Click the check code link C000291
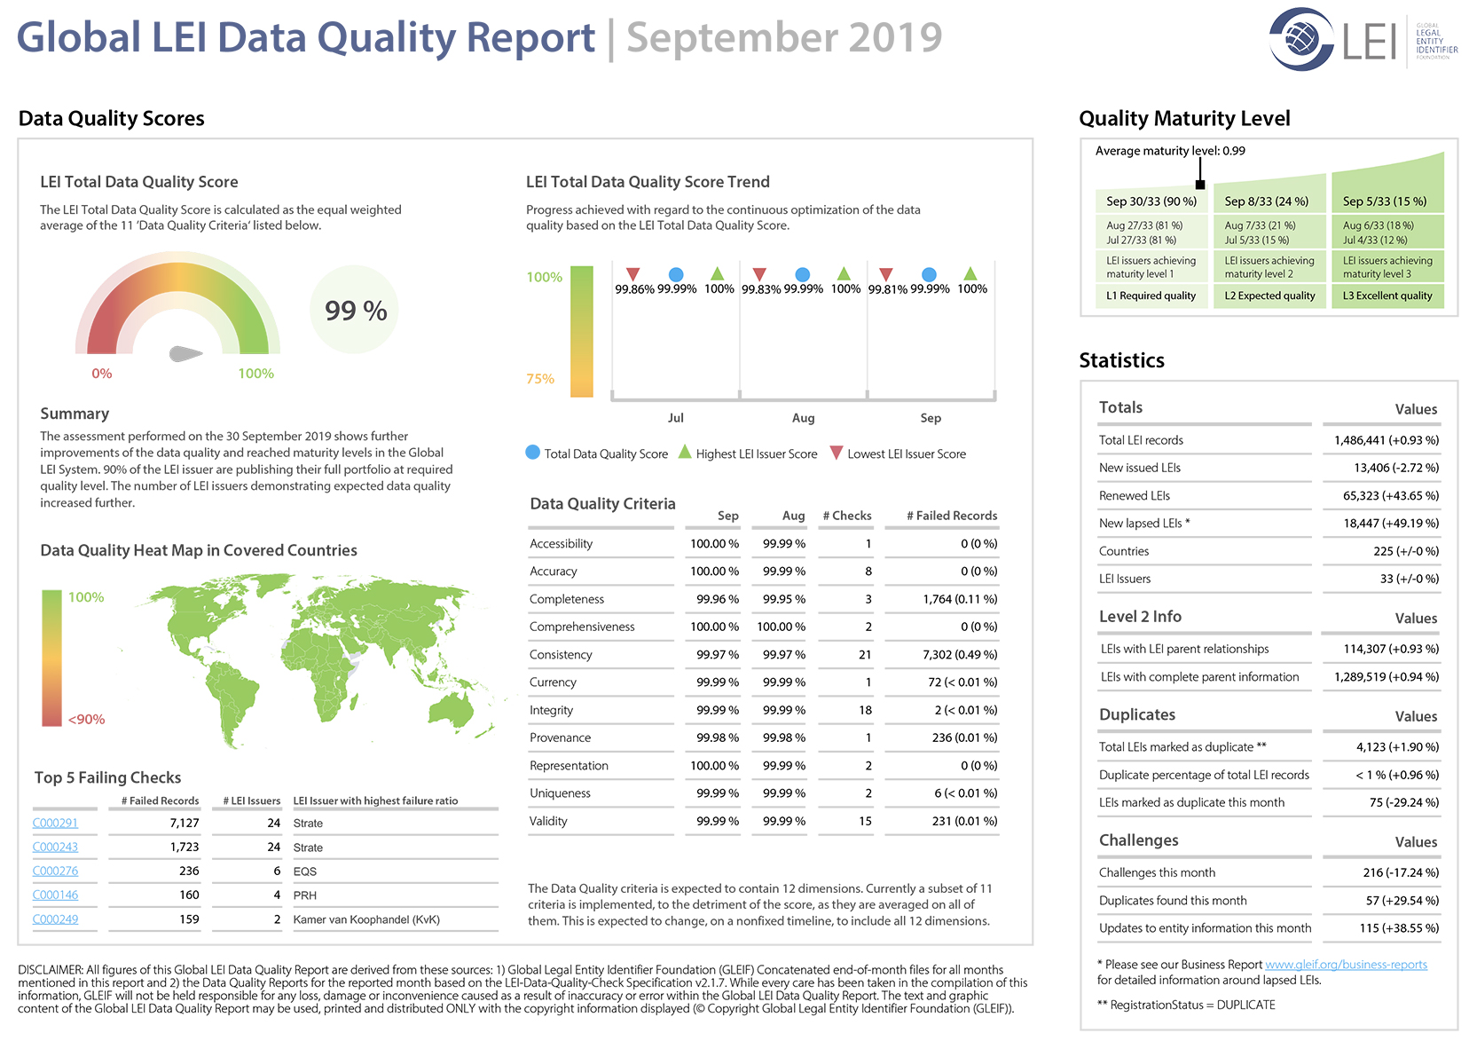tap(55, 823)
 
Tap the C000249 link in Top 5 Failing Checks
tap(55, 919)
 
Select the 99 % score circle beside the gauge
tap(354, 310)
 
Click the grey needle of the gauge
tap(185, 353)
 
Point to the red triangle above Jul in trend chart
tap(632, 273)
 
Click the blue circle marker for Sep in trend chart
tap(929, 274)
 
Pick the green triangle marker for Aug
tap(844, 272)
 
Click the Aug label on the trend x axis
tap(803, 418)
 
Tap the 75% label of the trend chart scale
tap(539, 378)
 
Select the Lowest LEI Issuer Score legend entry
tap(898, 453)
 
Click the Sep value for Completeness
tap(718, 599)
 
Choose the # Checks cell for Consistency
tap(865, 654)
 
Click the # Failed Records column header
tap(952, 516)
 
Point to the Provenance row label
tap(560, 737)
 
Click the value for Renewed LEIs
tap(1391, 495)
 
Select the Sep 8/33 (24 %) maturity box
tap(1269, 201)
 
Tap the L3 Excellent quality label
tap(1387, 296)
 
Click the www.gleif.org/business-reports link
tap(1346, 965)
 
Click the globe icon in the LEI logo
tap(1301, 38)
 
